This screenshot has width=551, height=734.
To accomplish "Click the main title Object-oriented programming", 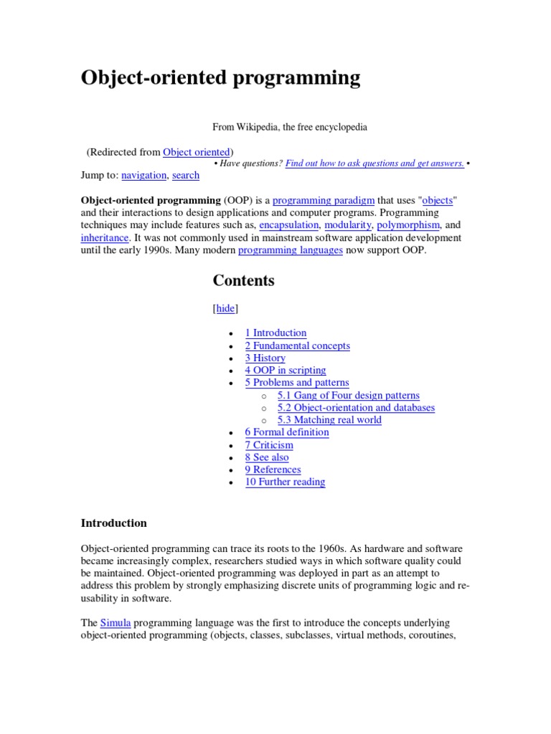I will pyautogui.click(x=220, y=78).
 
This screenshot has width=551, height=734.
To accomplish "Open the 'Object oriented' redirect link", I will pyautogui.click(x=196, y=152).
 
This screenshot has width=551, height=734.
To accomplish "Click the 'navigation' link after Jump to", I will pyautogui.click(x=144, y=175).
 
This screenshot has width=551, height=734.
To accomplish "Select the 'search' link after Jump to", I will pyautogui.click(x=186, y=175).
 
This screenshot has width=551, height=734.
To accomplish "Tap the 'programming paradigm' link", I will pyautogui.click(x=324, y=201).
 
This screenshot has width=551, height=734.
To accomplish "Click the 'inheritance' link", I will pyautogui.click(x=105, y=237).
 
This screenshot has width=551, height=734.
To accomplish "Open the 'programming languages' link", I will pyautogui.click(x=290, y=250).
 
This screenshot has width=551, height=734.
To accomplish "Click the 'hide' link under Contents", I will pyautogui.click(x=225, y=308).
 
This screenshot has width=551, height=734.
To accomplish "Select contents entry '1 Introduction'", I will pyautogui.click(x=275, y=333).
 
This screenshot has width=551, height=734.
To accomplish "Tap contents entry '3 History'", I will pyautogui.click(x=265, y=358).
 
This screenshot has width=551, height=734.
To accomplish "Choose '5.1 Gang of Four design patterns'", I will pyautogui.click(x=348, y=395).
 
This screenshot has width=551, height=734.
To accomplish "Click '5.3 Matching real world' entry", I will pyautogui.click(x=329, y=419).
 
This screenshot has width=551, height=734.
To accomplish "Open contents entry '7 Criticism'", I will pyautogui.click(x=268, y=444).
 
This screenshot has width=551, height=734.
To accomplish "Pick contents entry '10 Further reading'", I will pyautogui.click(x=285, y=482).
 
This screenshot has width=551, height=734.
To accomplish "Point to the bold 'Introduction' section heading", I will pyautogui.click(x=113, y=523).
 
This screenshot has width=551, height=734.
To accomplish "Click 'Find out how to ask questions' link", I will pyautogui.click(x=374, y=163).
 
